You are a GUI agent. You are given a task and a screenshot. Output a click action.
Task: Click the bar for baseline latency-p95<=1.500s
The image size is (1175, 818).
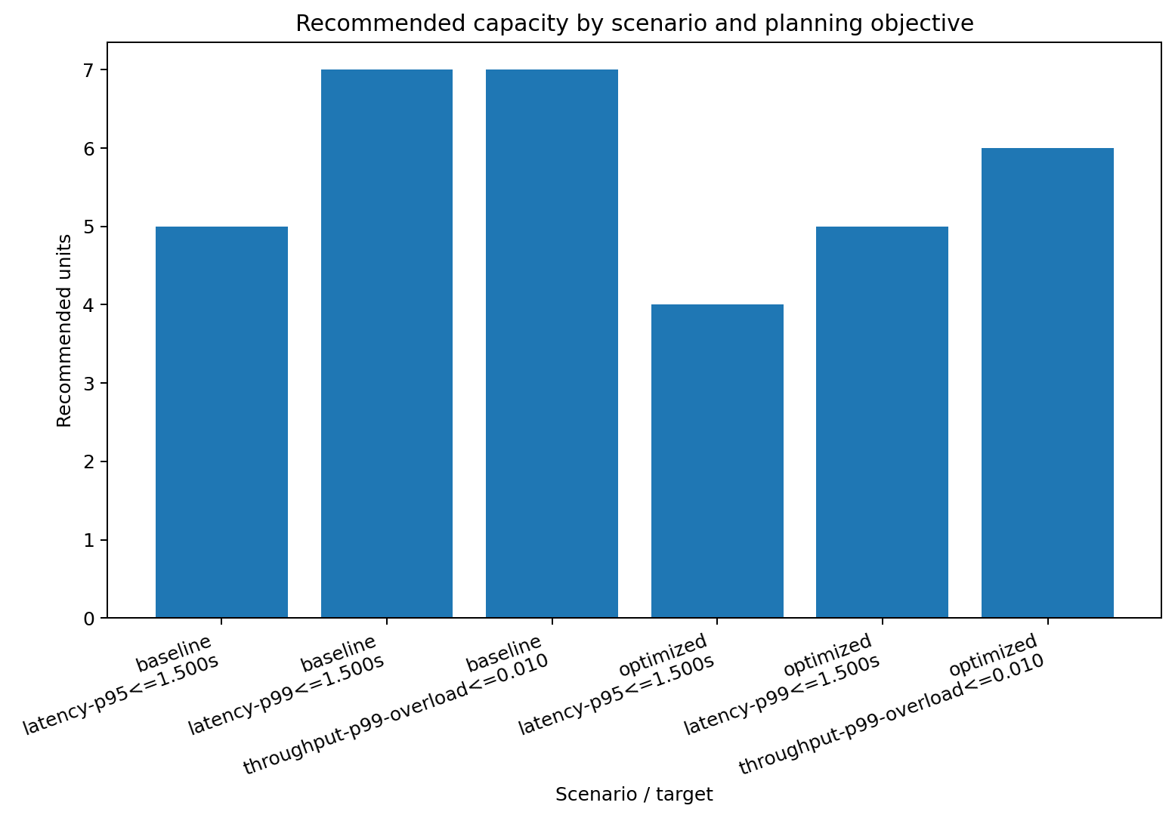pos(221,422)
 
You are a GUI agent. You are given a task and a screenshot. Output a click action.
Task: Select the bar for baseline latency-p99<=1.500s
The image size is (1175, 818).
pos(387,344)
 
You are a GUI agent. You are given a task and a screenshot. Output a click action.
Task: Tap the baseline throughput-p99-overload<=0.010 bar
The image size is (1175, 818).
pos(552,344)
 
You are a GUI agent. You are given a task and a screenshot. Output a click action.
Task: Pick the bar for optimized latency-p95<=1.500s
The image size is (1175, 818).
pos(717,461)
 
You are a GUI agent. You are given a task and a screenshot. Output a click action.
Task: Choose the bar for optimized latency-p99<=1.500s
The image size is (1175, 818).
pos(882,422)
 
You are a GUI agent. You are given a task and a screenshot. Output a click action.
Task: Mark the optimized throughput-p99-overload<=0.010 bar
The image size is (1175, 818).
pos(1047,383)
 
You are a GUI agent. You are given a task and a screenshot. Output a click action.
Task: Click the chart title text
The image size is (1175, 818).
pos(634,24)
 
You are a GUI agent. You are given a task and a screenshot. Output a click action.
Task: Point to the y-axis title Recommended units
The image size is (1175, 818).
pos(65,331)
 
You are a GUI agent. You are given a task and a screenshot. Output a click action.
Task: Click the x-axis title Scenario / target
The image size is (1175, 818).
pos(634,795)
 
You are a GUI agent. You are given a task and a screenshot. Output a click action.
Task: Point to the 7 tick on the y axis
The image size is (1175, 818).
pos(89,70)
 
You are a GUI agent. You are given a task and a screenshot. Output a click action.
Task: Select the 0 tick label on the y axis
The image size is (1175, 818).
pos(89,619)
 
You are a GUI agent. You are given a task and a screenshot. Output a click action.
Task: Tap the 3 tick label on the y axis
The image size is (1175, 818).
pos(89,384)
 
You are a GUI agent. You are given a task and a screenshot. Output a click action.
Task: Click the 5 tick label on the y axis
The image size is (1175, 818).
pos(89,227)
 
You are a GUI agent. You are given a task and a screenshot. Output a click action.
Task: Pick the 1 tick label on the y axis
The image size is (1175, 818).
pos(89,540)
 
